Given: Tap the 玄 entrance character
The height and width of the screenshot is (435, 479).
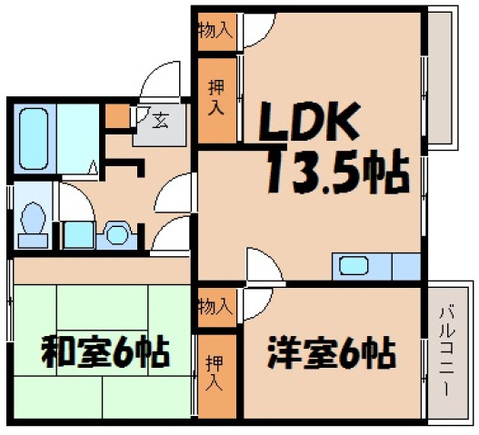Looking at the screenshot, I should [158, 119].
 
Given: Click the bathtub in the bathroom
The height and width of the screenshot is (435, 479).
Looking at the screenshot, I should [37, 136].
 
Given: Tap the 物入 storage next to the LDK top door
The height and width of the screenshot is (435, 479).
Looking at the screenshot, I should [215, 29].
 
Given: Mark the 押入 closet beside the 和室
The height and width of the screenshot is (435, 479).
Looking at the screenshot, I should [215, 371].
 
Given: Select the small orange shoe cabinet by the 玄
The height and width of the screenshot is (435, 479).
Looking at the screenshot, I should [116, 116].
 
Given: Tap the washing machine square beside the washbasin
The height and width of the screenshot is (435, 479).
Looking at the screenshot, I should [78, 232].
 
